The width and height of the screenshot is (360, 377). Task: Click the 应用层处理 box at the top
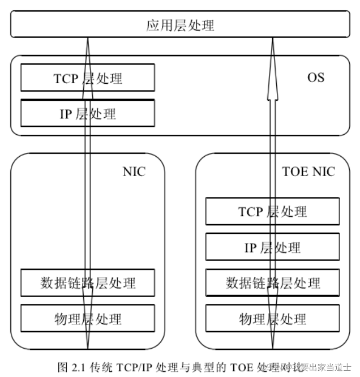coord(180,26)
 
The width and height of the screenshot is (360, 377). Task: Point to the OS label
coord(315,76)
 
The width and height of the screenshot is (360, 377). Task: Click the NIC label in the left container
coord(134,172)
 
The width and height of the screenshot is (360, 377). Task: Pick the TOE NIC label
coord(308,172)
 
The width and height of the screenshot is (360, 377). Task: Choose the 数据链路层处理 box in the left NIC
coord(57,282)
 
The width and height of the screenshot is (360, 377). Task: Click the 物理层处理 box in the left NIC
coord(57,318)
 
